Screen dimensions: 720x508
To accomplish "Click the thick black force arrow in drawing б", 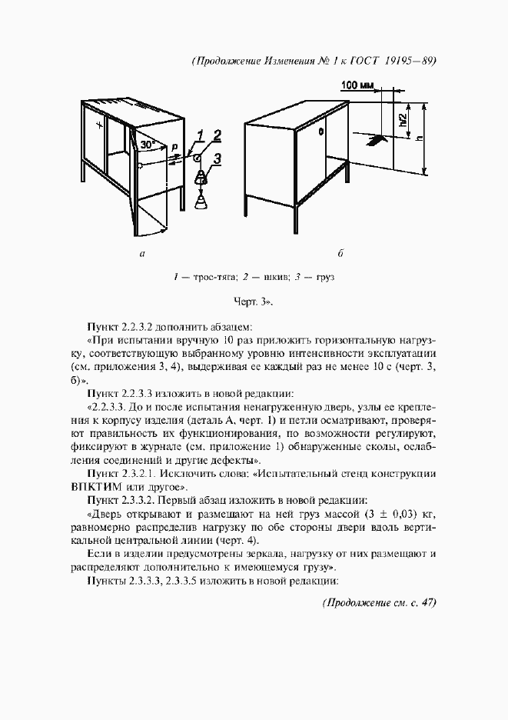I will click(375, 141).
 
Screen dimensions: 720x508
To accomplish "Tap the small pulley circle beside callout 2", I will click(198, 158).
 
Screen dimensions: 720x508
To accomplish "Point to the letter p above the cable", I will click(174, 145).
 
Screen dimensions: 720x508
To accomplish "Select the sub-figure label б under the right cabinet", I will click(340, 253).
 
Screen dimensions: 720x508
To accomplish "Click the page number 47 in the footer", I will click(425, 603).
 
